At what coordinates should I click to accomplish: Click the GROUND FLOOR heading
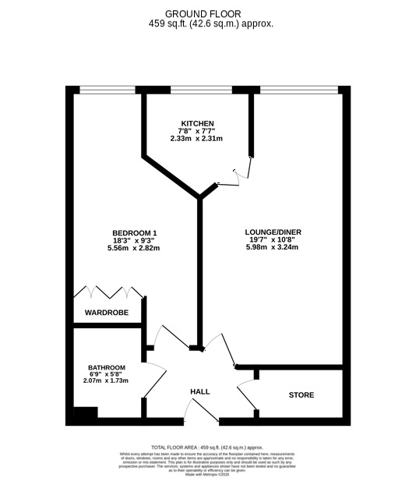203,13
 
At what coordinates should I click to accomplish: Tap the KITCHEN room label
196,124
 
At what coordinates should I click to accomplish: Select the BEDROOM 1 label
135,233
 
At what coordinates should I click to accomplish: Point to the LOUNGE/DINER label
273,232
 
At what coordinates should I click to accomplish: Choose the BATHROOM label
107,368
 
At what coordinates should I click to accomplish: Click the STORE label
301,395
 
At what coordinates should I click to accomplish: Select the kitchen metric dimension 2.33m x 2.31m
196,139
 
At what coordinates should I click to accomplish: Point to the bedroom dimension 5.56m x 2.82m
135,249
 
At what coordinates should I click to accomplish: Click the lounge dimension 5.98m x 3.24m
273,248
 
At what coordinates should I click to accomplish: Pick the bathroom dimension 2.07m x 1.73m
107,381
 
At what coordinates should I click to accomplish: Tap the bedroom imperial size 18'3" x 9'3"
135,241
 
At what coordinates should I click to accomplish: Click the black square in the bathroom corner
81,415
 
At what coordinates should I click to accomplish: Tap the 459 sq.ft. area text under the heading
203,23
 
